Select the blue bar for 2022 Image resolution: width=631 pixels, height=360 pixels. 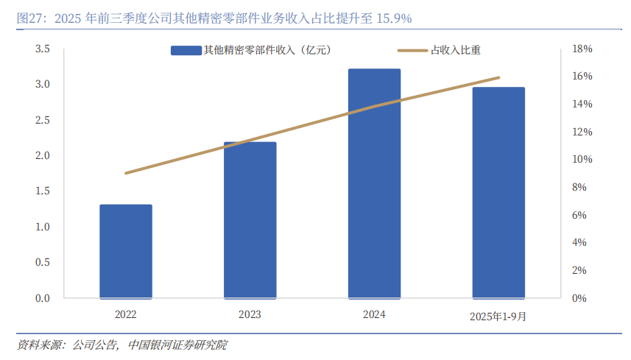(x=126, y=251)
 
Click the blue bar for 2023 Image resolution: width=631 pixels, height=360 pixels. (x=250, y=220)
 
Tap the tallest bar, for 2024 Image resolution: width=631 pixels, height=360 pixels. (x=374, y=183)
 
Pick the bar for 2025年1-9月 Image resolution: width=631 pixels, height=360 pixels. (x=498, y=193)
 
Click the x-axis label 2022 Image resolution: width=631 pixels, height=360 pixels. (x=126, y=315)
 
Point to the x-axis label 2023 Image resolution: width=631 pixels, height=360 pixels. (x=250, y=315)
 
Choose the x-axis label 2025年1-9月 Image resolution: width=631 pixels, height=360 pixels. (x=498, y=316)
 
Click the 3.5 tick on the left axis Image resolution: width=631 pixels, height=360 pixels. (x=43, y=49)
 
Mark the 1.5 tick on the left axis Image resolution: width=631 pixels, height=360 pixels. (x=43, y=191)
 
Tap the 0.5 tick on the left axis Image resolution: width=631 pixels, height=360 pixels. (x=43, y=263)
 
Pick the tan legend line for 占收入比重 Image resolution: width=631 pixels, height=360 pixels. (x=413, y=50)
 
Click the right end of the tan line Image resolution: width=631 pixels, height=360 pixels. (x=498, y=77)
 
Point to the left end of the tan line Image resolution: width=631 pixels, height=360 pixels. (x=126, y=173)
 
